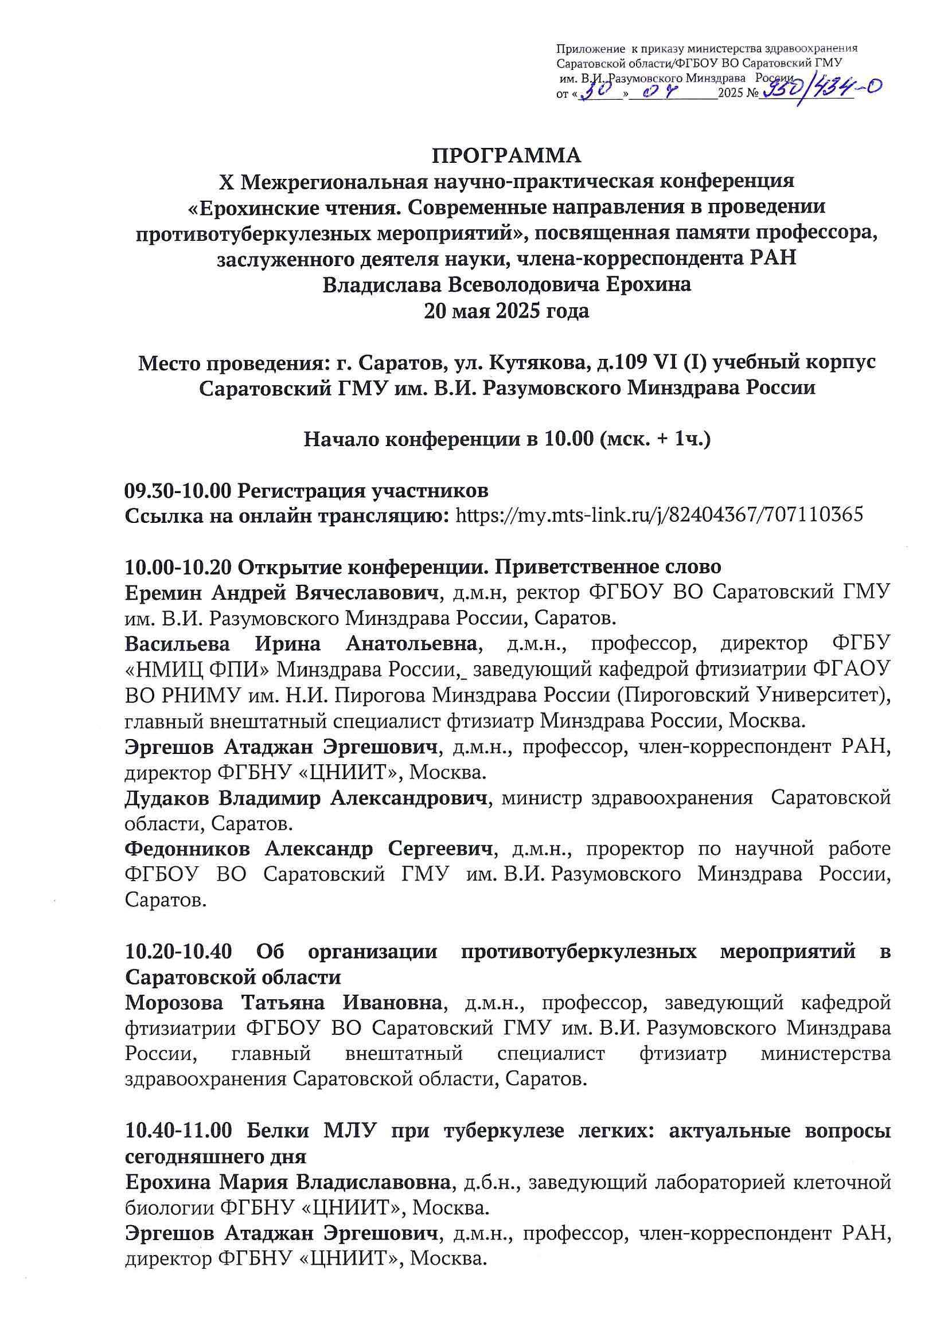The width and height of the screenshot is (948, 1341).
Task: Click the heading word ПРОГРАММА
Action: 506,156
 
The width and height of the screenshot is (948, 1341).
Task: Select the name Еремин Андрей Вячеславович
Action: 281,592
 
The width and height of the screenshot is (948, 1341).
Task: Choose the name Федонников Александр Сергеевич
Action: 309,849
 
